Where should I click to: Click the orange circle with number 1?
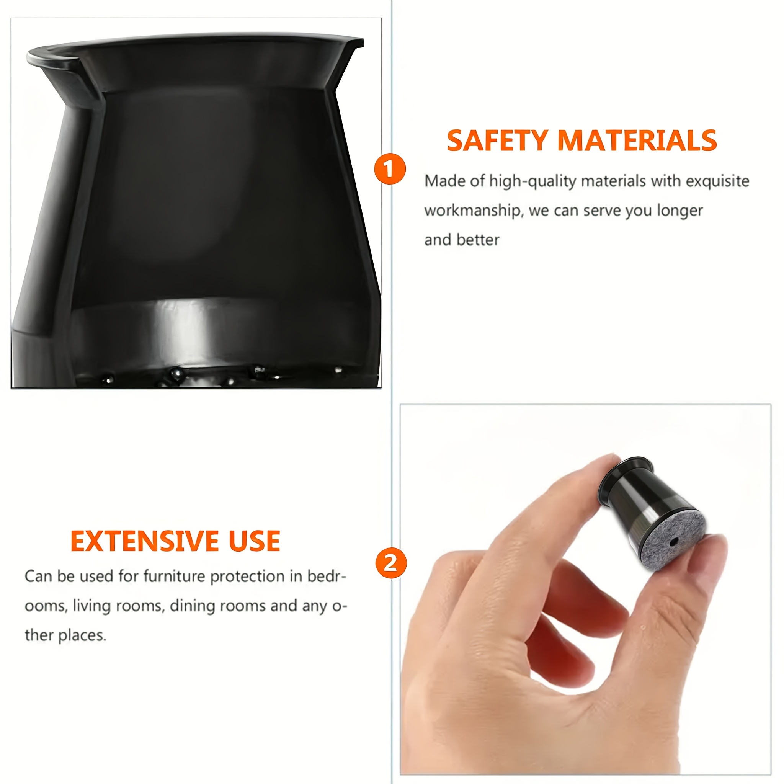coord(390,169)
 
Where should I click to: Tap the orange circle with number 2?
coord(391,563)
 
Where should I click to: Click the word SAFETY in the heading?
coord(498,141)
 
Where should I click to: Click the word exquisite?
coord(717,181)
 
